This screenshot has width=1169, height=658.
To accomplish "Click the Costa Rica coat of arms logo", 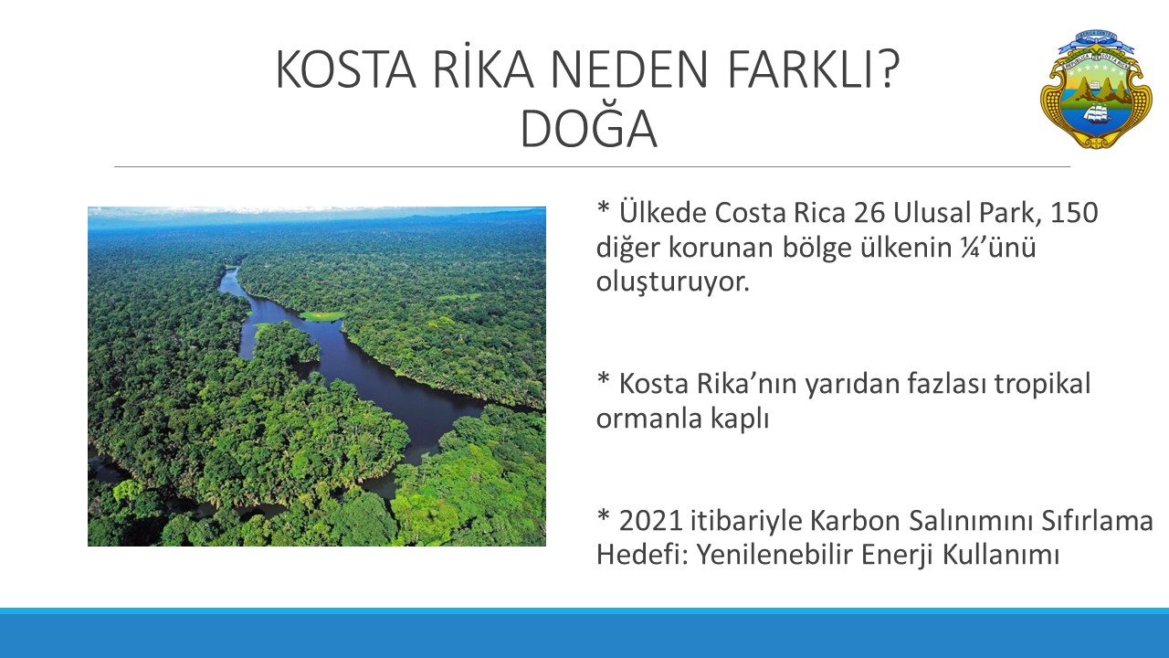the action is tap(1096, 89).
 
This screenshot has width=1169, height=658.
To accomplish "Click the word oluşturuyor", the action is tap(673, 283).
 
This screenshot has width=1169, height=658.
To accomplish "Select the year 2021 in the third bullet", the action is tap(651, 521).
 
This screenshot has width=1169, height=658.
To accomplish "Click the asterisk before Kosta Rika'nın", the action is tap(604, 378).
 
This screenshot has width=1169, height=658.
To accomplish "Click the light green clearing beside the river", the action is tap(322, 316).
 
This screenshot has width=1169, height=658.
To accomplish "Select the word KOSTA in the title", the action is tap(345, 69).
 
